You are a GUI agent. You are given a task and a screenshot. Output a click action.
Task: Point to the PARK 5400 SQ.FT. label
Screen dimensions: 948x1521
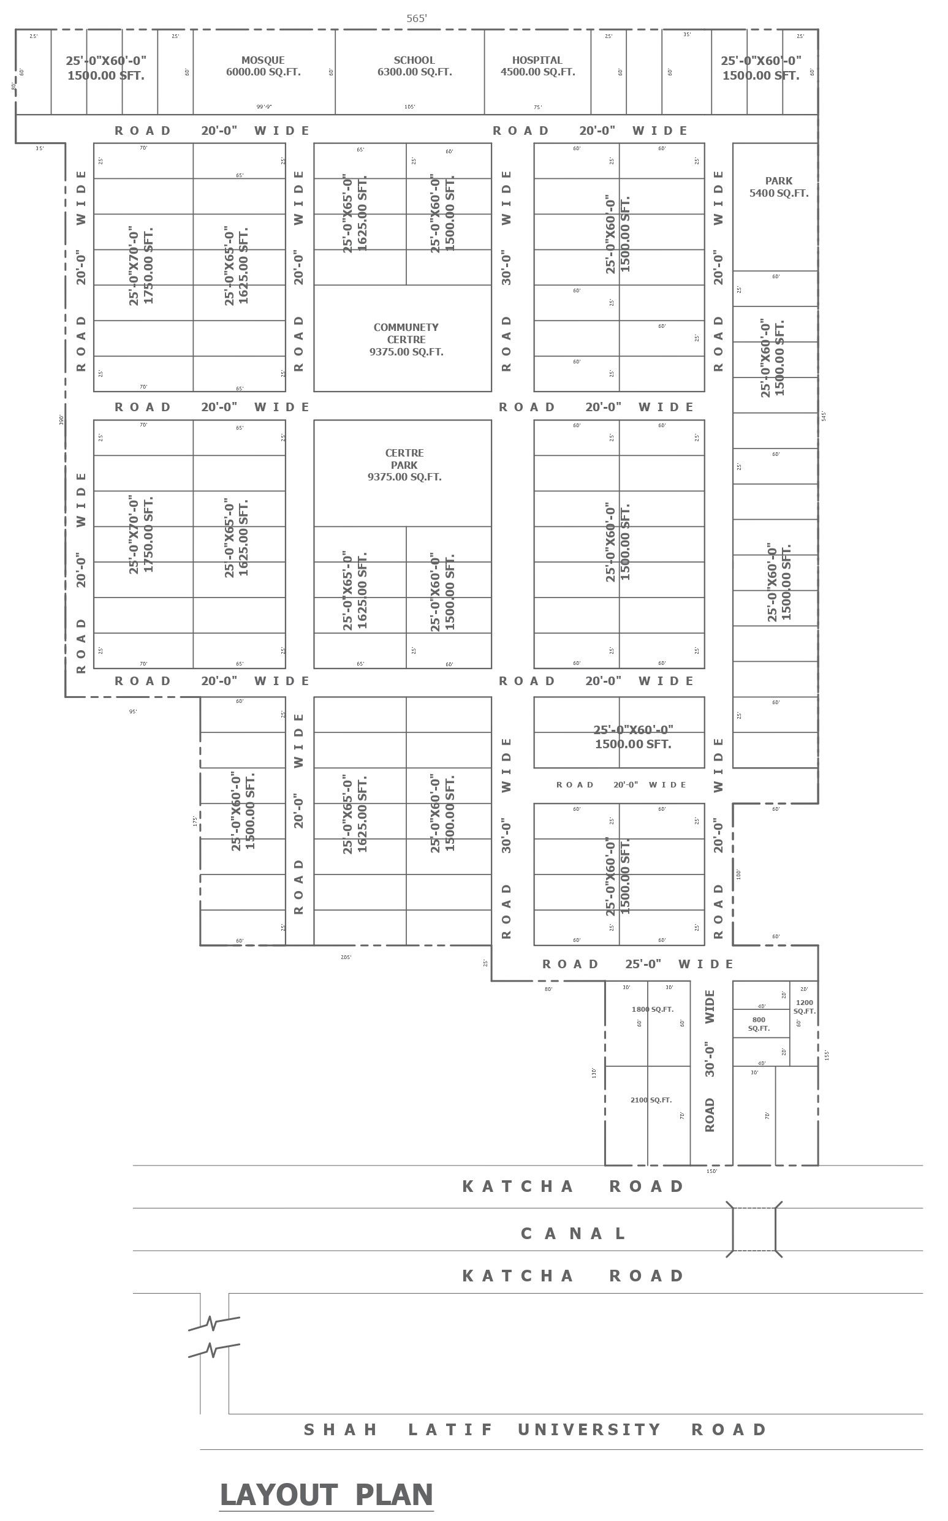(x=779, y=187)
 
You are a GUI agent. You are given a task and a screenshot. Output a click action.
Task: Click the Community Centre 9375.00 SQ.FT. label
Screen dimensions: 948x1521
(x=406, y=339)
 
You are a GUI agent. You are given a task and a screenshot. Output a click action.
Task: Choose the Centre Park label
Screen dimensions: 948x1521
(x=404, y=465)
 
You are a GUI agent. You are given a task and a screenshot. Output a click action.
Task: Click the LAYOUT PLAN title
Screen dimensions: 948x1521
(x=327, y=1494)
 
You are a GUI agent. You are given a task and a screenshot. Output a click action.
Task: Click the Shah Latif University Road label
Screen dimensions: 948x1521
(x=536, y=1430)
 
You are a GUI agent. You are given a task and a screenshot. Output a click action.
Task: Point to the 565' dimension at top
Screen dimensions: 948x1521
(x=416, y=19)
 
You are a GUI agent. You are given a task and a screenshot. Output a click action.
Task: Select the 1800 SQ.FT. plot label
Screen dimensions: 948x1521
(x=652, y=1009)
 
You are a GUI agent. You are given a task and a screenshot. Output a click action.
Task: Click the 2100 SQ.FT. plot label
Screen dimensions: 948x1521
(x=651, y=1101)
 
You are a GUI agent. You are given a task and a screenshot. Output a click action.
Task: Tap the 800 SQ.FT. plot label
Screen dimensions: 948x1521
(x=759, y=1024)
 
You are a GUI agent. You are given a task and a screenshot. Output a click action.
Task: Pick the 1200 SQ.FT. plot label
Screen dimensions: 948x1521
(x=805, y=1007)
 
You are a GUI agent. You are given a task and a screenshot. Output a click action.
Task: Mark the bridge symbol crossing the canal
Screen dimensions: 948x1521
(x=754, y=1229)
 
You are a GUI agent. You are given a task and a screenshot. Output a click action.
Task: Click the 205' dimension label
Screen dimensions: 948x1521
(x=346, y=957)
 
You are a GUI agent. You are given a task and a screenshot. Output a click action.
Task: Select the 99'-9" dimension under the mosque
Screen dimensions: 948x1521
(x=264, y=107)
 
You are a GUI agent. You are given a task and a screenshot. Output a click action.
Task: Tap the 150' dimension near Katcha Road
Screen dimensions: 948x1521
(x=711, y=1171)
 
